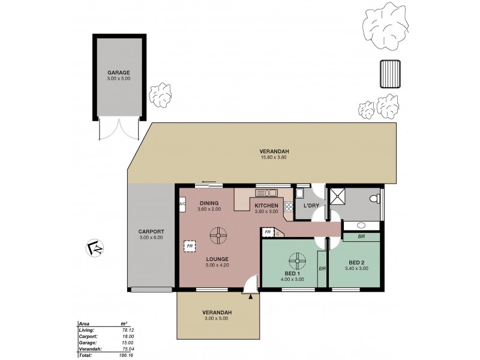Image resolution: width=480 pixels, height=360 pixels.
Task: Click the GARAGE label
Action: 119,73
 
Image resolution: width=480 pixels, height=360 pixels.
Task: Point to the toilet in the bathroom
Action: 375,198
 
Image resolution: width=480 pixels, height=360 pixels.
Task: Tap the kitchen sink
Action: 266,193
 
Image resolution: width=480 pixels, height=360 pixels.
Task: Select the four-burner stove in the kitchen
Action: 288,207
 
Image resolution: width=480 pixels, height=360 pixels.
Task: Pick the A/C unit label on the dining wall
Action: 182,205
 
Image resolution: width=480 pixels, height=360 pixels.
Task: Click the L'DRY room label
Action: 311,206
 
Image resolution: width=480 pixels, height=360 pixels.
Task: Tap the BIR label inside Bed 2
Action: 362,237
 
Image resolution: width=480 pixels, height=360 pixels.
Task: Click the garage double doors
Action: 119,130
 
